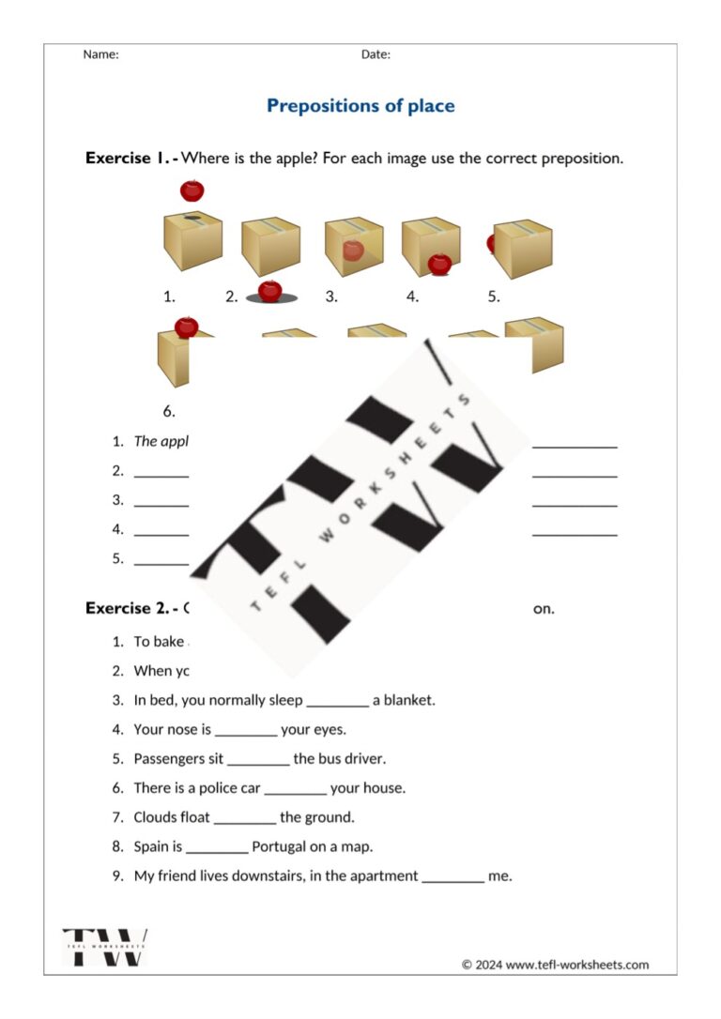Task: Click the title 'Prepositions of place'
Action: click(360, 105)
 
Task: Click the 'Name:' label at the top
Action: click(100, 54)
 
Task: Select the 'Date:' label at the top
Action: click(376, 54)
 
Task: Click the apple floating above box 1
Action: click(192, 190)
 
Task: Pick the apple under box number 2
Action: click(270, 291)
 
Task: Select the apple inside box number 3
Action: click(353, 251)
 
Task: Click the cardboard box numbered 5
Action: click(523, 249)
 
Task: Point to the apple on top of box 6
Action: click(187, 327)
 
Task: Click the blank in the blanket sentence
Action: click(337, 700)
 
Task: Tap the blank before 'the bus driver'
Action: click(258, 758)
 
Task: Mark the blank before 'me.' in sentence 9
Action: click(453, 876)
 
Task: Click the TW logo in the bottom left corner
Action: click(105, 946)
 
